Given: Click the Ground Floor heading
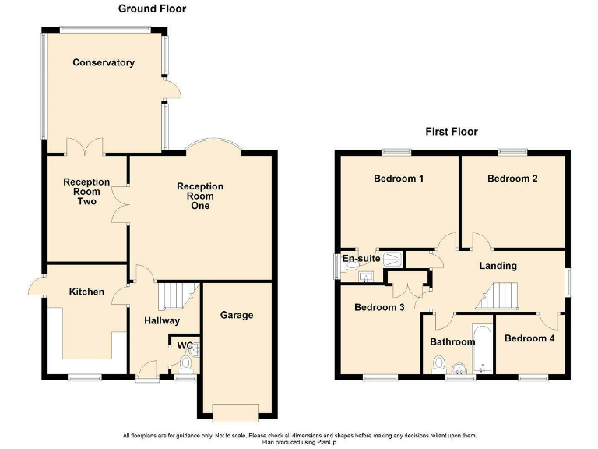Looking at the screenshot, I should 152,9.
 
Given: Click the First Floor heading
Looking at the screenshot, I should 451,132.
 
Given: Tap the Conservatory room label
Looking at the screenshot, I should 104,62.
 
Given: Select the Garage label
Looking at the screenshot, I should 237,315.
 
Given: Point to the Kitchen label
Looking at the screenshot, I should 86,292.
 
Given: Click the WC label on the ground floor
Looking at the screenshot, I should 185,345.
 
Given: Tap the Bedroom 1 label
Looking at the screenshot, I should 399,179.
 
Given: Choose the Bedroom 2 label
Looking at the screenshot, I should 512,179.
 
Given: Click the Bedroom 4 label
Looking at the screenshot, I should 529,338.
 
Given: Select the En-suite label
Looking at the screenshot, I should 361,257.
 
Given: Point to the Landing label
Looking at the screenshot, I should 498,266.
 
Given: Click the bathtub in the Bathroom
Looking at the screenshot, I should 482,349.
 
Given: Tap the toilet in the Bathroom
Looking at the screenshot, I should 438,364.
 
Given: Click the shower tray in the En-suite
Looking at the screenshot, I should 395,258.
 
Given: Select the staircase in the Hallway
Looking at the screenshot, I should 174,296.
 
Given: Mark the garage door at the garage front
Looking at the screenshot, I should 236,410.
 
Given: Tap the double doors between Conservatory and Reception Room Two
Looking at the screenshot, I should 85,146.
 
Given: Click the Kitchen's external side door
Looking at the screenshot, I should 37,287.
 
